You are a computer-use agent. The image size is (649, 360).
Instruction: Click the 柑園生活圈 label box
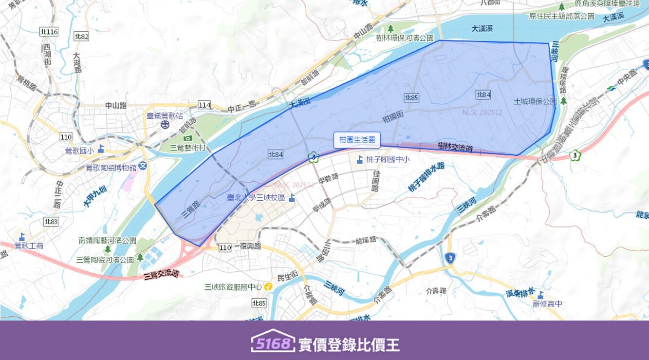click(357, 140)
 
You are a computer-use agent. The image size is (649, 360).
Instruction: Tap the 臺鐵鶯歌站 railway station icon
click(166, 125)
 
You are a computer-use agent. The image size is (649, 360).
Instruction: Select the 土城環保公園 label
click(535, 102)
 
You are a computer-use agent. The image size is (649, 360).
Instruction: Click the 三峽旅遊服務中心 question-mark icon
click(268, 287)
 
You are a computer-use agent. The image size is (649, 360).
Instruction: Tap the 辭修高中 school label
click(547, 303)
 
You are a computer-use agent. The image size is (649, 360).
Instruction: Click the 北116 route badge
click(49, 32)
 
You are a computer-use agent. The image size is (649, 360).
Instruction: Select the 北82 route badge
click(81, 36)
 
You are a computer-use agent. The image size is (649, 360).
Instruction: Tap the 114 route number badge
click(204, 105)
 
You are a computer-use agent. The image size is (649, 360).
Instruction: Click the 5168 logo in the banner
click(273, 343)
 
